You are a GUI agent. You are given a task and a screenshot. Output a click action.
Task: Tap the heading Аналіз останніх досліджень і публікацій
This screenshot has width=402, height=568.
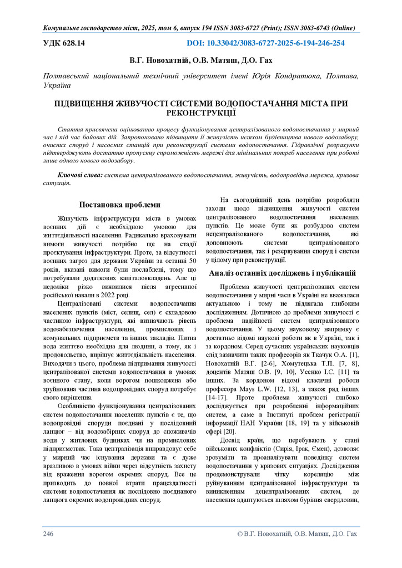pos(282,273)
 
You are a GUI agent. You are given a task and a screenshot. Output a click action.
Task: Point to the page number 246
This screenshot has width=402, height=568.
pos(48,534)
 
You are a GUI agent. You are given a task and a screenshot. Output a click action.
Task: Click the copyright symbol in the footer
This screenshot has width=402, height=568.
pos(240,534)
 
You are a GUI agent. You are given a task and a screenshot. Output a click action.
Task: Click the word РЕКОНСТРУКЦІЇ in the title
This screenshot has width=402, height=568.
pos(200,113)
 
